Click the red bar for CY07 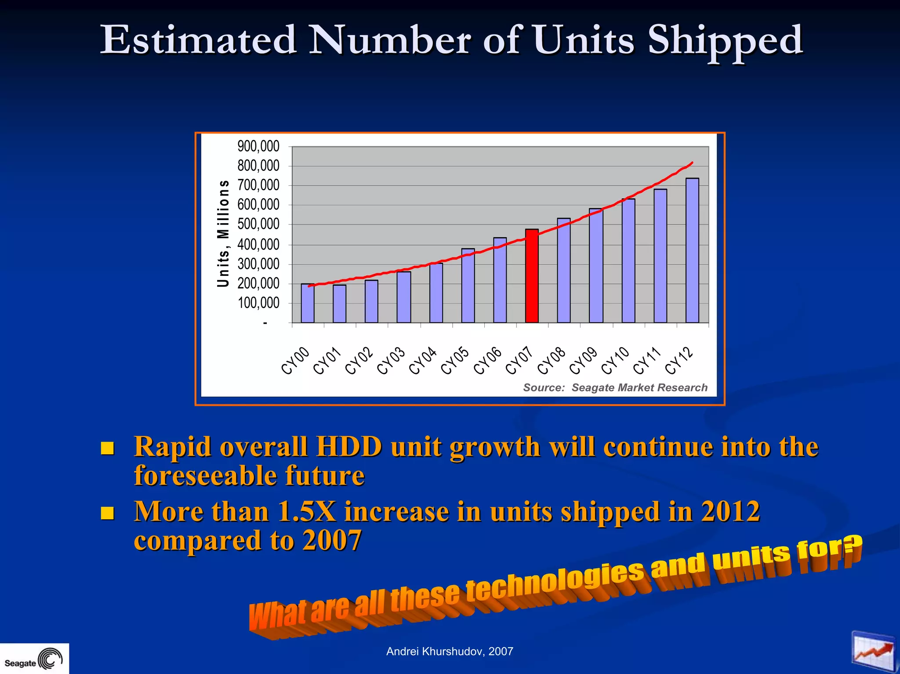coord(532,276)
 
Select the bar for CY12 coord(692,250)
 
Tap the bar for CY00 coord(308,303)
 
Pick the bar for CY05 coord(468,286)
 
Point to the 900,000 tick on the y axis coord(258,146)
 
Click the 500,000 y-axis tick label coord(258,225)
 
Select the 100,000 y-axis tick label coord(258,303)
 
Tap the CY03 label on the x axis coord(391,361)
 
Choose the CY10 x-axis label coord(615,361)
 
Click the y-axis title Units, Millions coord(223,233)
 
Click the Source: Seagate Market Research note coord(615,388)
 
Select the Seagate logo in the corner coord(34,659)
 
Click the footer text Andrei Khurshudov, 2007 coord(450,652)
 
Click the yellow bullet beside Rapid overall coord(107,448)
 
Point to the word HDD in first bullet coord(349,447)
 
